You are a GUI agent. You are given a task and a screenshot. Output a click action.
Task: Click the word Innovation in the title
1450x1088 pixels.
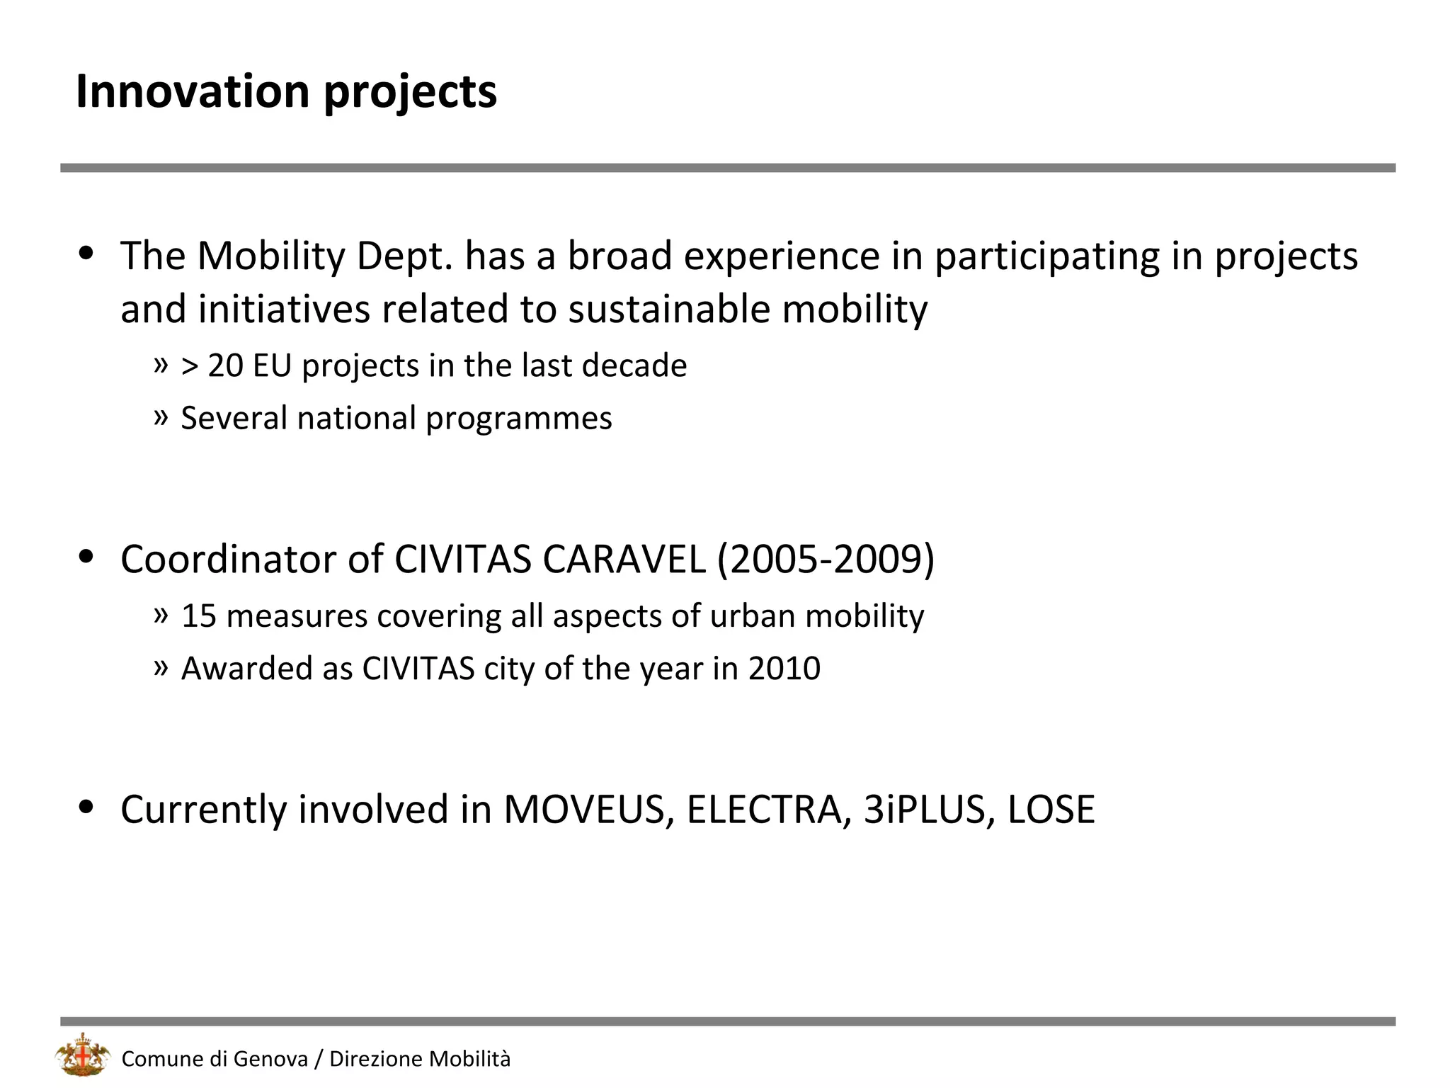point(193,91)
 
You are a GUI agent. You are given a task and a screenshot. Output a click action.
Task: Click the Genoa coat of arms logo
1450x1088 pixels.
point(83,1056)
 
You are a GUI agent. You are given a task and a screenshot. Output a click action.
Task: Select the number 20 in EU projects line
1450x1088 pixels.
point(225,365)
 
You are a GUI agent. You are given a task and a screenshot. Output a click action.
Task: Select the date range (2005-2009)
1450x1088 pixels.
point(826,559)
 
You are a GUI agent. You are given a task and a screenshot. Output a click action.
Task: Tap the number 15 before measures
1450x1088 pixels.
point(198,616)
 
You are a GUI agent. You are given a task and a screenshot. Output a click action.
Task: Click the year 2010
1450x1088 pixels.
point(784,668)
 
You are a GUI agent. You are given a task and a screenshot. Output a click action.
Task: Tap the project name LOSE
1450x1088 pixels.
point(1051,809)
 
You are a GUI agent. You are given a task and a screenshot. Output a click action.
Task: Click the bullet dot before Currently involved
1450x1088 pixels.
point(86,807)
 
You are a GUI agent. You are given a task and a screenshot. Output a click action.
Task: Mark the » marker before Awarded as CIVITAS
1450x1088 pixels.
point(161,667)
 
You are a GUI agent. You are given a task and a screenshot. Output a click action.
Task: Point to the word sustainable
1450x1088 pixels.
point(669,310)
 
